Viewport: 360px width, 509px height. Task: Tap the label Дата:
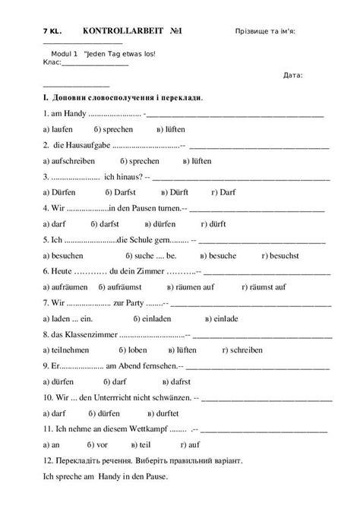(x=292, y=74)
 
